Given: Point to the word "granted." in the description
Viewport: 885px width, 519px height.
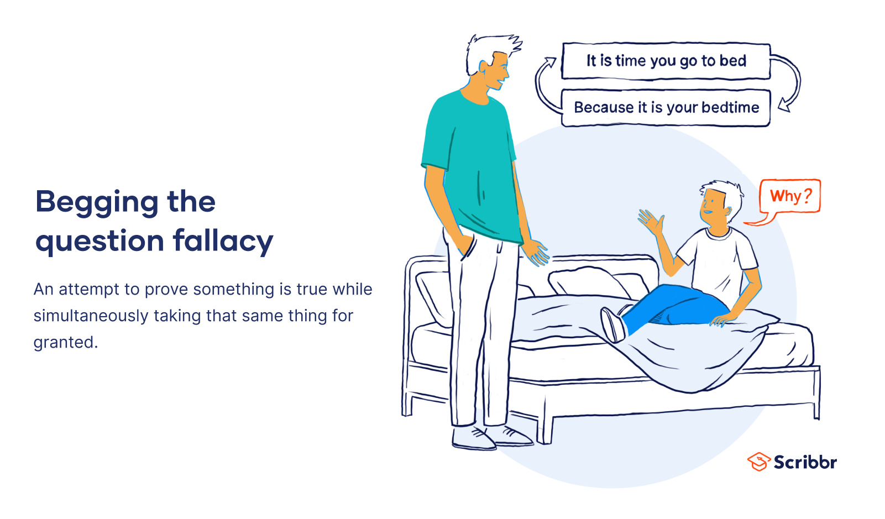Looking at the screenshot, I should (66, 342).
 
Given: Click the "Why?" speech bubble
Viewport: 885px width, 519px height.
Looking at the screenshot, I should (790, 196).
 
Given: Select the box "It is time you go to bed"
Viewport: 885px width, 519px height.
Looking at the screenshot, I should (666, 61).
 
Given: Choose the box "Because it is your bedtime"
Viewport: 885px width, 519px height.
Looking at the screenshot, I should (666, 107).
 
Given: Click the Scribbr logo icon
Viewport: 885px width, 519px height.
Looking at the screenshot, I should (758, 462).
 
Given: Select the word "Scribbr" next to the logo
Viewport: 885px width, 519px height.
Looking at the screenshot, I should (805, 462).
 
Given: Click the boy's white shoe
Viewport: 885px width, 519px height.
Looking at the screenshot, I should (612, 325).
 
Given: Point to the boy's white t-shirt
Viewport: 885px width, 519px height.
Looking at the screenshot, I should (719, 260).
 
